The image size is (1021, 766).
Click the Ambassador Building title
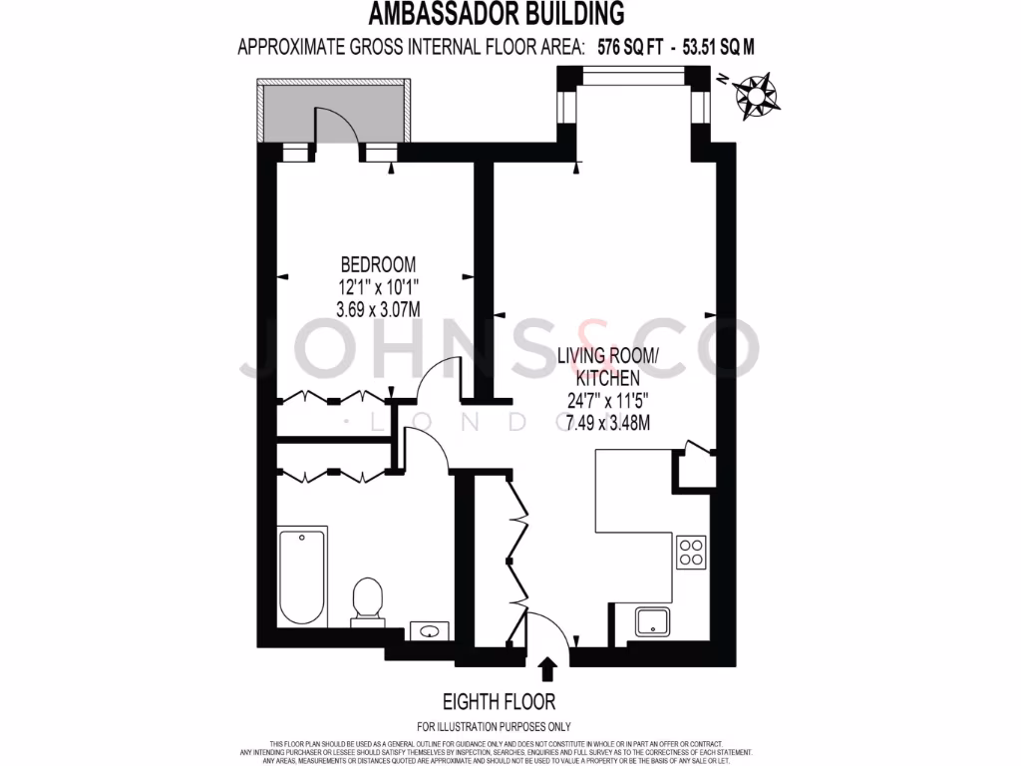(x=497, y=14)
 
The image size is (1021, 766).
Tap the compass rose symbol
(x=757, y=95)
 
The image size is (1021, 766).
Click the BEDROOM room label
(x=378, y=264)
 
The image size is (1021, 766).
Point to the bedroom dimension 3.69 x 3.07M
(x=378, y=309)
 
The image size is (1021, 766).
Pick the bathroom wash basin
(x=432, y=630)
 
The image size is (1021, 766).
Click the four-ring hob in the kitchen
(x=692, y=552)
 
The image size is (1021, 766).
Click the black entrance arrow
(x=546, y=667)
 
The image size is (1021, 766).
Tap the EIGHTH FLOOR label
(x=499, y=701)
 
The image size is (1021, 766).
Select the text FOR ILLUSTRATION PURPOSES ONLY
(x=494, y=727)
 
